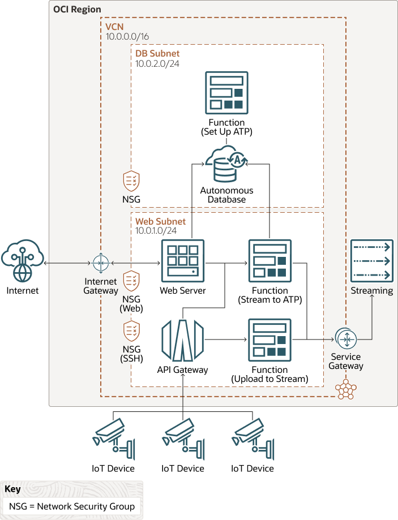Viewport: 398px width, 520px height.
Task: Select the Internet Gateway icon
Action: point(100,263)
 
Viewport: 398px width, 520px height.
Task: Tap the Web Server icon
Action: point(182,260)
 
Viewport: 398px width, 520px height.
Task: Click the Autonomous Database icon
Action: point(226,165)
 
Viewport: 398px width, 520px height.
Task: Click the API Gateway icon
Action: point(182,340)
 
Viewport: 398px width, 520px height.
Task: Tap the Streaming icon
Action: point(371,261)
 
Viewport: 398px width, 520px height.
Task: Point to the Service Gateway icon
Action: point(345,339)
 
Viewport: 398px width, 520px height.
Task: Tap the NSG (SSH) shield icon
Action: point(131,330)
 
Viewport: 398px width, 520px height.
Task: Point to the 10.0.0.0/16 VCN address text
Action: point(128,36)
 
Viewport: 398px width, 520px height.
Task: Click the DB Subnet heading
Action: point(157,53)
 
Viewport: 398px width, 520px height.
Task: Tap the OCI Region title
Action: point(77,10)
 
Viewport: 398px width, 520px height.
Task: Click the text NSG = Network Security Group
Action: point(72,506)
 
